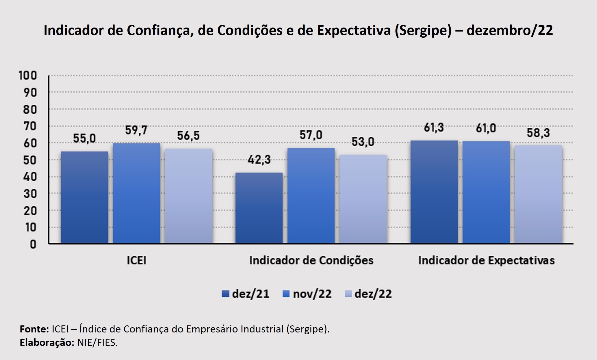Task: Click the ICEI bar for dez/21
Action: (85, 197)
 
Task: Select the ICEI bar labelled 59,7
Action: (137, 193)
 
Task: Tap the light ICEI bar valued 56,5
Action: (188, 196)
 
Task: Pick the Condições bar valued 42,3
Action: (259, 208)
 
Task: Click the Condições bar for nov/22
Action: (311, 196)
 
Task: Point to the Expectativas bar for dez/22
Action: (538, 194)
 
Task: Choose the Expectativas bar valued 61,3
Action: (434, 192)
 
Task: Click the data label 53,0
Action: (363, 142)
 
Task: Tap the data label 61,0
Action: (486, 128)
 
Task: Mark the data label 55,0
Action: (84, 138)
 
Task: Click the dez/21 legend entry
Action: (246, 294)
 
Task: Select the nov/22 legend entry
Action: (307, 294)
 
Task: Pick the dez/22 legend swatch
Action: (348, 294)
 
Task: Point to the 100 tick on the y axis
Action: (28, 75)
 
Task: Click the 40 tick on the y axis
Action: (30, 177)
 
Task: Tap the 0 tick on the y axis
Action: (33, 244)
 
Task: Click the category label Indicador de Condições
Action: (311, 260)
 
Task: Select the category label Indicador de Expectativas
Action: (486, 260)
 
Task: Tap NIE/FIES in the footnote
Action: (97, 343)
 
